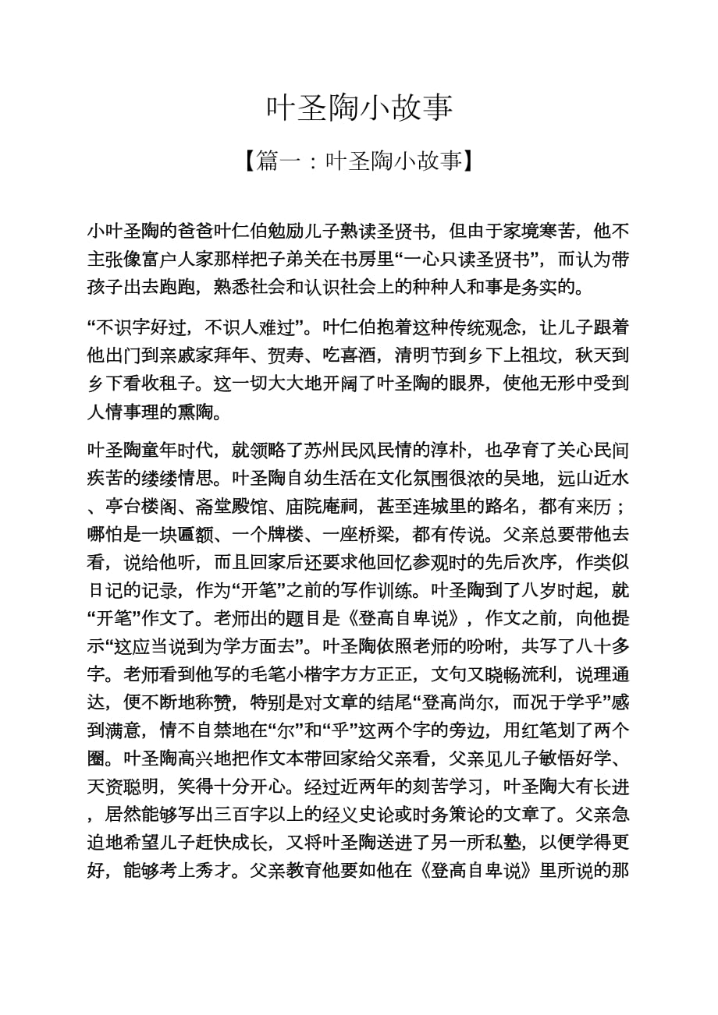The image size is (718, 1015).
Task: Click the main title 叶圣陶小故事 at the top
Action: pos(359,108)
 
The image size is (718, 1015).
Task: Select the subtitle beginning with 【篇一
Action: pos(359,161)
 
